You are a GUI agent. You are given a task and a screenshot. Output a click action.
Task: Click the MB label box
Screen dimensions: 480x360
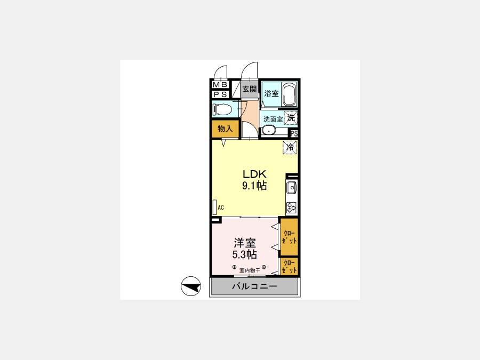click(x=220, y=84)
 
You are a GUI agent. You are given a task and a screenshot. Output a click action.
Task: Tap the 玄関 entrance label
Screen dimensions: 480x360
click(x=250, y=89)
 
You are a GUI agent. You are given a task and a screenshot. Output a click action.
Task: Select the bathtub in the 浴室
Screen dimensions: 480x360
click(x=289, y=94)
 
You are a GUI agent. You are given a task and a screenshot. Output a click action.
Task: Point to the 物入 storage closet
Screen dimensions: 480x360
click(x=225, y=129)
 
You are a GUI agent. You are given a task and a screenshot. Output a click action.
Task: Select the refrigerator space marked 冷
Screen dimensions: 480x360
click(x=290, y=147)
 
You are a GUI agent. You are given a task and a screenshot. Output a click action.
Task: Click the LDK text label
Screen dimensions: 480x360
click(x=254, y=174)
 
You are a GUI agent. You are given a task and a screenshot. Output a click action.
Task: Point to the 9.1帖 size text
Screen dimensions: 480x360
click(x=254, y=186)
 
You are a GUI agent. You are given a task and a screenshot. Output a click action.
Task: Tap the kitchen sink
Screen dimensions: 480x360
click(x=291, y=187)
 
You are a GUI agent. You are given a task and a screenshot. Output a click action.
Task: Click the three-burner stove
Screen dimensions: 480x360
click(x=291, y=208)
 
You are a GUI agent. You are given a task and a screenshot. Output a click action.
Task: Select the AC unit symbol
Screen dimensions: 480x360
click(x=214, y=207)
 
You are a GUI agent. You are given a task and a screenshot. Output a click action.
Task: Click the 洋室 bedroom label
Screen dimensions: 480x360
click(x=245, y=243)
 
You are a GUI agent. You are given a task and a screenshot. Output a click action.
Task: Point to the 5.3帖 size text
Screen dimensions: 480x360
click(x=244, y=254)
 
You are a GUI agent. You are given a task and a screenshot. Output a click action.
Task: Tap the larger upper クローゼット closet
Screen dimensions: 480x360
click(x=289, y=237)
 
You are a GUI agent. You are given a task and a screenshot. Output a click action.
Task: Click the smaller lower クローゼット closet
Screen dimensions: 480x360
click(x=289, y=266)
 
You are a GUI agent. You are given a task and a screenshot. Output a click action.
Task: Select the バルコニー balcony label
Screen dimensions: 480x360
click(x=255, y=286)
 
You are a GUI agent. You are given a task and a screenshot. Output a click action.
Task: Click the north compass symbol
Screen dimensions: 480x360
click(x=191, y=286)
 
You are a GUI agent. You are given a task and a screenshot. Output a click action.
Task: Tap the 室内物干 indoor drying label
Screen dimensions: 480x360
click(x=250, y=270)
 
